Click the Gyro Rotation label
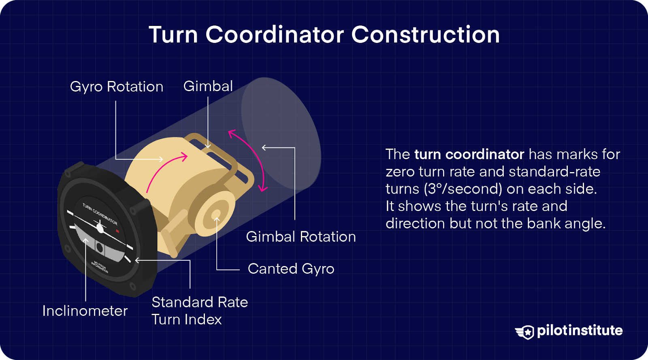pyautogui.click(x=117, y=87)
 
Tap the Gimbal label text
pyautogui.click(x=208, y=86)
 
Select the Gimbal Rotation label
pyautogui.click(x=301, y=236)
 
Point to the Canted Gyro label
pyautogui.click(x=291, y=268)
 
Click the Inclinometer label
pyautogui.click(x=85, y=311)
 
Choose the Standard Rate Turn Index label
pyautogui.click(x=199, y=311)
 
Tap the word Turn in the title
pyautogui.click(x=173, y=34)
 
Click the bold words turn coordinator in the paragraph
pyautogui.click(x=469, y=154)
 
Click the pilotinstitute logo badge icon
pyautogui.click(x=525, y=332)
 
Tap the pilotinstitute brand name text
pyautogui.click(x=580, y=330)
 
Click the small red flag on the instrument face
pyautogui.click(x=117, y=231)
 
